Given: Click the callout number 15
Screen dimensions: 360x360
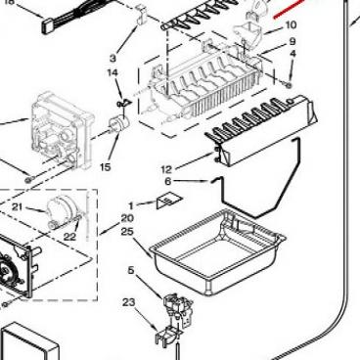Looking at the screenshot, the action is click(x=106, y=167).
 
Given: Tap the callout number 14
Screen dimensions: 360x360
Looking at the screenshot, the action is click(x=112, y=72).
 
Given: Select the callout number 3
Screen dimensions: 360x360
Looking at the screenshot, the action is click(x=112, y=59).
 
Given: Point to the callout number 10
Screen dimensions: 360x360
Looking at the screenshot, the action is click(x=292, y=24).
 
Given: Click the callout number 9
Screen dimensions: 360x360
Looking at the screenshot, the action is click(x=292, y=41).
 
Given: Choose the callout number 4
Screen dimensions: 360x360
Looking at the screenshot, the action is click(x=292, y=54).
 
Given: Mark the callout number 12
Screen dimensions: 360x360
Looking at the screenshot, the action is click(x=166, y=169).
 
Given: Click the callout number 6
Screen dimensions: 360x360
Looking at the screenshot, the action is click(x=168, y=181).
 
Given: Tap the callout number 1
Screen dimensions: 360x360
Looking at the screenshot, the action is click(x=131, y=205).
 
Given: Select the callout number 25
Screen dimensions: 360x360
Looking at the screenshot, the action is click(x=127, y=232).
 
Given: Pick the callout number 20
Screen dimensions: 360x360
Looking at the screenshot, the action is click(x=127, y=218).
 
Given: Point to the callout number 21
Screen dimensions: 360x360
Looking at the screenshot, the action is click(x=18, y=206).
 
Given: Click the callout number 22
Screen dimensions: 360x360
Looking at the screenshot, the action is click(x=69, y=237).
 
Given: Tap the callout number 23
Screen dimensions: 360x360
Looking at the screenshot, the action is click(x=129, y=302).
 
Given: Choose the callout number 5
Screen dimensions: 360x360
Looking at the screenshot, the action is click(x=131, y=270).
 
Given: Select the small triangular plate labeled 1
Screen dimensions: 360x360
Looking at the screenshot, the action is click(x=169, y=202).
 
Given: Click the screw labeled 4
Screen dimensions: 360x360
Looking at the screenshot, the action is click(x=288, y=84).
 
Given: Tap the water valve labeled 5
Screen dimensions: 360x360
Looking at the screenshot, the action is click(x=178, y=309).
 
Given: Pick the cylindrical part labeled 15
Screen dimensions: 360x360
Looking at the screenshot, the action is click(x=118, y=124).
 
